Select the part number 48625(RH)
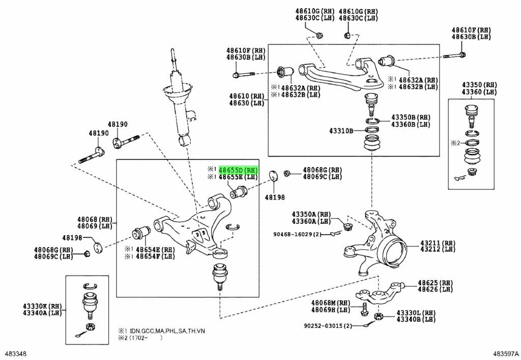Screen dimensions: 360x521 coord(435,283)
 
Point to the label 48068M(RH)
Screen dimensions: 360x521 coord(331,302)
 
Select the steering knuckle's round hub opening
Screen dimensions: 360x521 coord(395,251)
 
